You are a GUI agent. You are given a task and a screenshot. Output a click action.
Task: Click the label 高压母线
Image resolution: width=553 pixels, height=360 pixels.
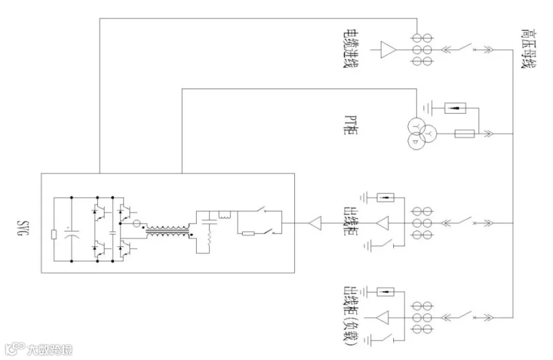[x=528, y=49]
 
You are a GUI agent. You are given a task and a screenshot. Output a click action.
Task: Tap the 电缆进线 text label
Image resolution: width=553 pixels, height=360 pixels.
[x=351, y=49]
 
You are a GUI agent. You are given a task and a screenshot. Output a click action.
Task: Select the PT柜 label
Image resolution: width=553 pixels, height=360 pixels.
[x=351, y=125]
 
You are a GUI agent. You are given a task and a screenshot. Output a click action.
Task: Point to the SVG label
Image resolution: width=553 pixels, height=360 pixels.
[x=23, y=229]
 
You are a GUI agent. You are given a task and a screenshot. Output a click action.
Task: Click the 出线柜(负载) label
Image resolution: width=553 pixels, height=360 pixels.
[x=351, y=316]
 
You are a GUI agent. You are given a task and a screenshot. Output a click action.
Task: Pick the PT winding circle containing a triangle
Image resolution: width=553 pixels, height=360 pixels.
[x=416, y=141]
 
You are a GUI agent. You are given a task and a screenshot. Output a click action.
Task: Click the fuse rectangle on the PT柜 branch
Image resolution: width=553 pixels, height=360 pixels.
[x=465, y=134]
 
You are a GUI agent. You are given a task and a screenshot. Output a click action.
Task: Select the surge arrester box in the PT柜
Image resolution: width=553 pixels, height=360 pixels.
[x=455, y=108]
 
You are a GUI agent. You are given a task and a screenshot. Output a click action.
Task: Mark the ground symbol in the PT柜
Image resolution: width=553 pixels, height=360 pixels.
[x=428, y=108]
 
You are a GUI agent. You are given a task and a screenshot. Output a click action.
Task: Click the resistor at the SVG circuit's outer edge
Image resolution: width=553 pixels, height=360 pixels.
[x=54, y=235]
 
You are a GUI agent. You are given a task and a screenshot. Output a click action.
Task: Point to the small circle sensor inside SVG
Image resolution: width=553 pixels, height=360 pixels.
[x=136, y=224]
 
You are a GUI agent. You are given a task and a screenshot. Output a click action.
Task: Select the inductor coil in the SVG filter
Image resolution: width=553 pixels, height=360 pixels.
[x=225, y=215]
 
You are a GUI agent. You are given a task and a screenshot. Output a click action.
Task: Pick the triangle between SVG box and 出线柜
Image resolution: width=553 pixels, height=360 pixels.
[x=315, y=223]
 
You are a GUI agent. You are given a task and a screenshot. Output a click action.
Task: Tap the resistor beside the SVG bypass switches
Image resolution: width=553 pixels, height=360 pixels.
[x=248, y=233]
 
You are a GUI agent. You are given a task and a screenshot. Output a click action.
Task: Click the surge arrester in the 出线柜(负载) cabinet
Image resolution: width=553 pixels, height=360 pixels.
[x=385, y=292]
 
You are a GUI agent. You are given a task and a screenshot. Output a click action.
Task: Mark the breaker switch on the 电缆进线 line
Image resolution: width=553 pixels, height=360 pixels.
[x=466, y=47]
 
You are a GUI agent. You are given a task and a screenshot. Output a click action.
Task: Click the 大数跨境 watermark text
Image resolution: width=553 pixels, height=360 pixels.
[x=50, y=350]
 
